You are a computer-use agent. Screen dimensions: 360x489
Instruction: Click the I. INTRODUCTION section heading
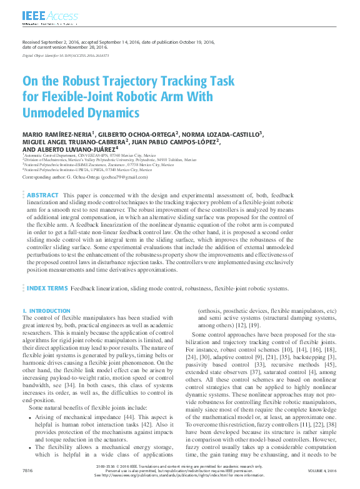[46, 311]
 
